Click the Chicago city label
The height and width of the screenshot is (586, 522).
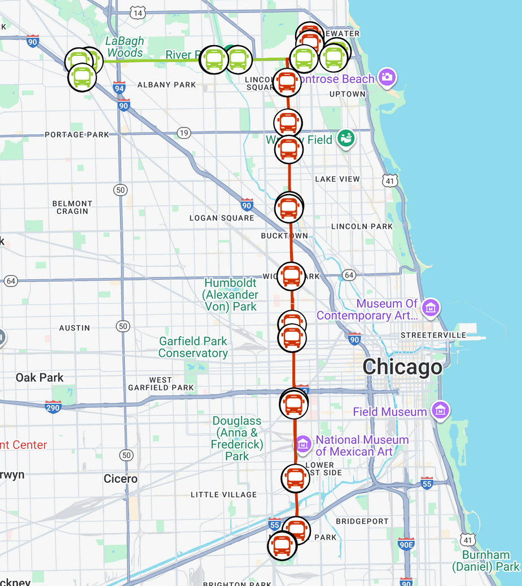point(402,367)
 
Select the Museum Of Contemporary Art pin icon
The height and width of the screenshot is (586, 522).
point(431,308)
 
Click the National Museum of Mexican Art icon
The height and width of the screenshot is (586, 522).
point(303,444)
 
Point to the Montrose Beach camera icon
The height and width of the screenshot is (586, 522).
point(387,77)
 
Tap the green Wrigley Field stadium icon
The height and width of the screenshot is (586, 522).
point(346,138)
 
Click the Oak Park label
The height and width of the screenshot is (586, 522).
point(40,377)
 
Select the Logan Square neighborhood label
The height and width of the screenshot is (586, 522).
point(222,218)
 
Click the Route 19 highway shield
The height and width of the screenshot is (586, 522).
point(183,133)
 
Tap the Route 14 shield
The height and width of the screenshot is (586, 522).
point(138,12)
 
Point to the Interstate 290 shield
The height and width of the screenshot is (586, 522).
point(53,406)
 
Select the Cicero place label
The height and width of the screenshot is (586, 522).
point(121,479)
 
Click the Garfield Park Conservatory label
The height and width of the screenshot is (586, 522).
point(193,347)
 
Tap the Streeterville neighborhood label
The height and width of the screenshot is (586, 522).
point(433,335)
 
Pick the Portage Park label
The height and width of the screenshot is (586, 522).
point(77,135)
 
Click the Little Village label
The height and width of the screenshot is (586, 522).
point(223,495)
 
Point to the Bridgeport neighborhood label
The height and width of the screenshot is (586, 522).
point(362,522)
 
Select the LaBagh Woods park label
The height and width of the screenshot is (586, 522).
point(125,47)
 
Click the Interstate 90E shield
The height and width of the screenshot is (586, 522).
point(405,544)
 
